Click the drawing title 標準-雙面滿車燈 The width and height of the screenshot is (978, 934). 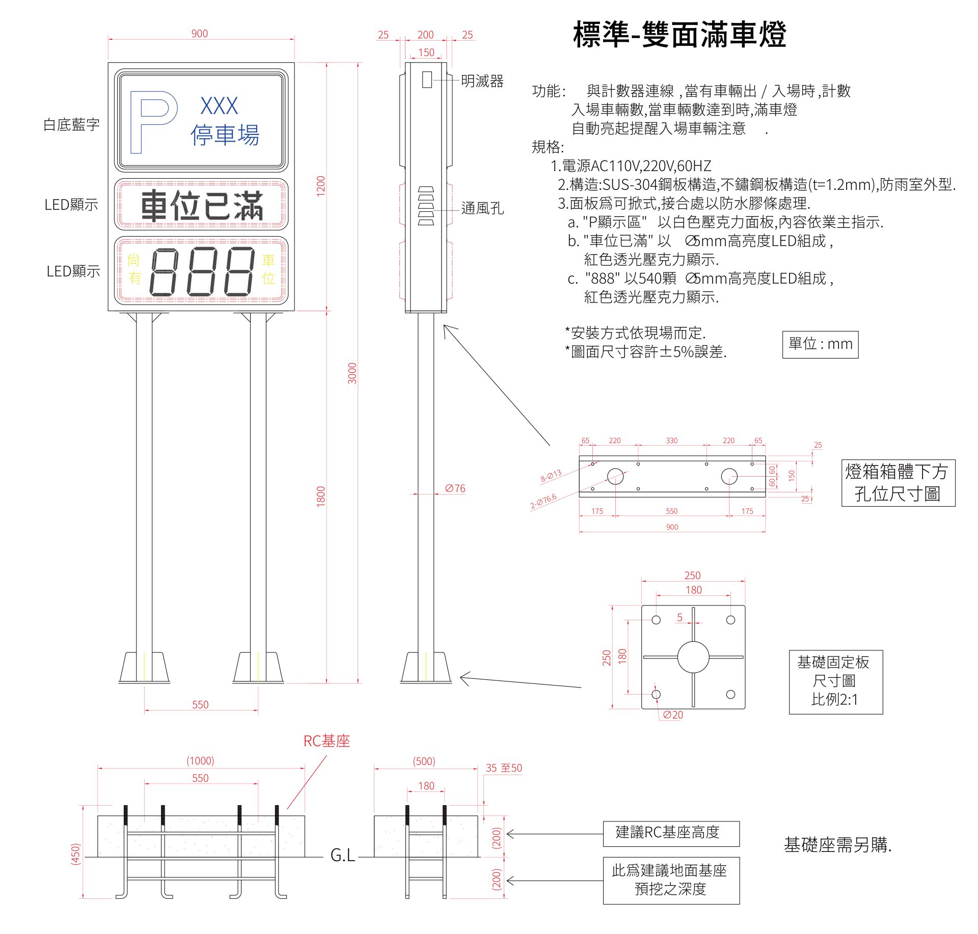tap(680, 35)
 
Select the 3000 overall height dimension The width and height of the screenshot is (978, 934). tap(352, 373)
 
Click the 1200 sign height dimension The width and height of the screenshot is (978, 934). tap(320, 186)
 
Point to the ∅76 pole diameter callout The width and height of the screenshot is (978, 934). tap(455, 488)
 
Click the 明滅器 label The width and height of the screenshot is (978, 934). tap(482, 81)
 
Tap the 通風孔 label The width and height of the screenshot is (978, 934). tap(482, 208)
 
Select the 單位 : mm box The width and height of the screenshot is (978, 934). tap(820, 344)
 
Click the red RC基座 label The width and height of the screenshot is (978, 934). tap(327, 741)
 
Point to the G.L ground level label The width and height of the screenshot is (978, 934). tap(342, 856)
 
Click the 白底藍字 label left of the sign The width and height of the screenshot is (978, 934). tap(71, 125)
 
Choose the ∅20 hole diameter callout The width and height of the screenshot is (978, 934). tap(673, 715)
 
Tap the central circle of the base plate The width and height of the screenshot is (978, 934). tap(693, 657)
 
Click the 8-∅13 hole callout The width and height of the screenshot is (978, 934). tap(551, 476)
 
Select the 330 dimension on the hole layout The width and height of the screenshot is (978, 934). tap(672, 441)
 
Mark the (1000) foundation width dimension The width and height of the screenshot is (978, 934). tap(200, 761)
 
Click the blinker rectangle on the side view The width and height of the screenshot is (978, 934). tap(427, 79)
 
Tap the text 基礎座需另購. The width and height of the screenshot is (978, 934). tap(837, 845)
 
